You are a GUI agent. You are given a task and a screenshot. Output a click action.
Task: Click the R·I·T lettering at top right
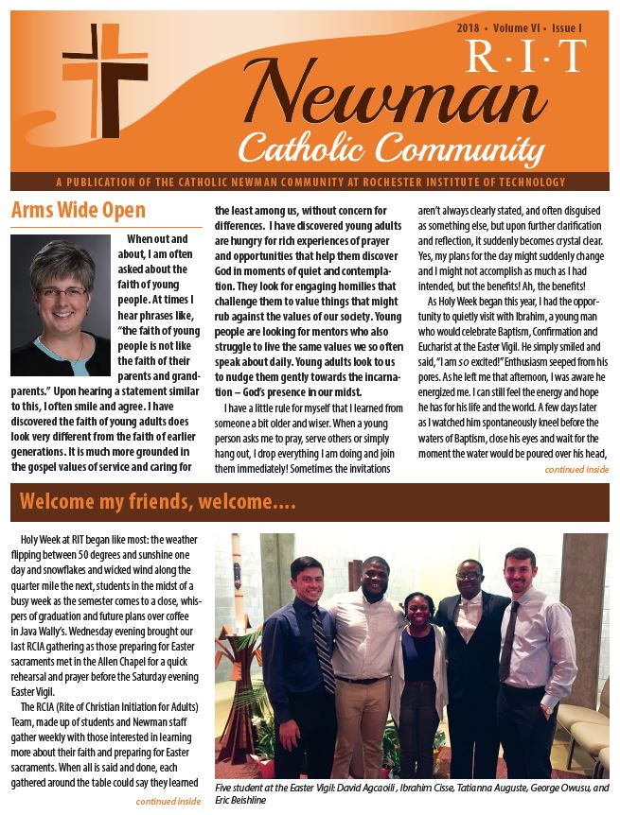[x=538, y=60]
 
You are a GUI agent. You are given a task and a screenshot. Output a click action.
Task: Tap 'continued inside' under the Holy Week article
[x=168, y=802]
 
